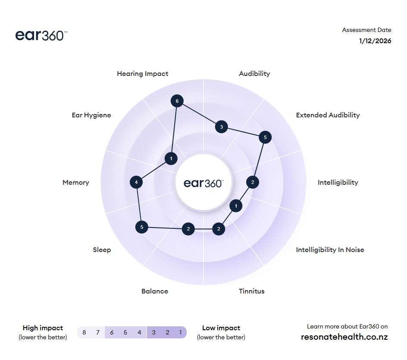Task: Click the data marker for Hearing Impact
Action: [177, 101]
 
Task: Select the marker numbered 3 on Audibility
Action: [222, 127]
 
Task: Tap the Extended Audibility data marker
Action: [265, 138]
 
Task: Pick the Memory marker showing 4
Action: [136, 182]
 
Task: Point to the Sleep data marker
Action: [141, 227]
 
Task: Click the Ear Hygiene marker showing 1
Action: [171, 159]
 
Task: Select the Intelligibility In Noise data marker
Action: [236, 206]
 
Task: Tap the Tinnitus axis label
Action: [252, 291]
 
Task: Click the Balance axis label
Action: [155, 291]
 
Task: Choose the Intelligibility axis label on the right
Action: [338, 183]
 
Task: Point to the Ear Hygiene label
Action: [91, 115]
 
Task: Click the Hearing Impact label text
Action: [143, 74]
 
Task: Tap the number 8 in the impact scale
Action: [84, 332]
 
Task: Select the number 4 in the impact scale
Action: [139, 332]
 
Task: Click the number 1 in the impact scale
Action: [180, 332]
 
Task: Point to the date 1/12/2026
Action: [375, 41]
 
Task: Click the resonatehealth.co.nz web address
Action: [344, 337]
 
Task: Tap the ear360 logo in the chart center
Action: [203, 183]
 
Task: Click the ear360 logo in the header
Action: [41, 35]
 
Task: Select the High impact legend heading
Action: [43, 328]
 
